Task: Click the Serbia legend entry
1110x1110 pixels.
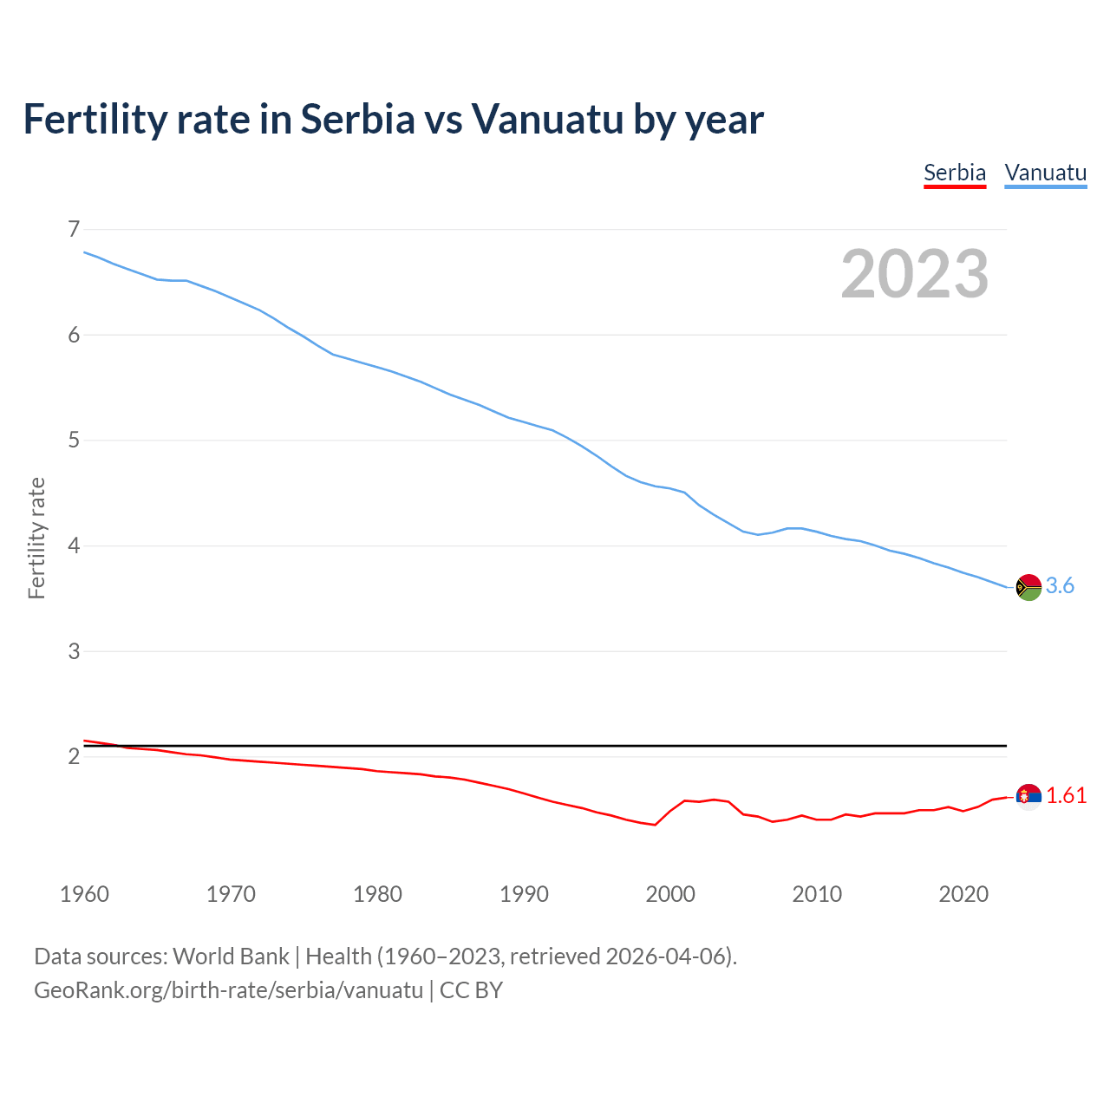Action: pyautogui.click(x=955, y=173)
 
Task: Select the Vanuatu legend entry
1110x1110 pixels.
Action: pyautogui.click(x=1045, y=173)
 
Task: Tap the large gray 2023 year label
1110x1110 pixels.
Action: pyautogui.click(x=914, y=274)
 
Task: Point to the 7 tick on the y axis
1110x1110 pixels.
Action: pyautogui.click(x=74, y=229)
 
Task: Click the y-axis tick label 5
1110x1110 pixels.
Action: pyautogui.click(x=74, y=441)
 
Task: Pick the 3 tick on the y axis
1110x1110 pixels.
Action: pyautogui.click(x=74, y=651)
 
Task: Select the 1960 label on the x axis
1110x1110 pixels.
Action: pyautogui.click(x=84, y=894)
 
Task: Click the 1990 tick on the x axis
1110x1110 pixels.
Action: pyautogui.click(x=524, y=894)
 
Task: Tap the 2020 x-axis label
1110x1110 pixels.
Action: pyautogui.click(x=963, y=894)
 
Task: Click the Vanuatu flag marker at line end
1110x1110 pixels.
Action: pyautogui.click(x=1028, y=587)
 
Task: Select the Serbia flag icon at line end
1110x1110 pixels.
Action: pyautogui.click(x=1028, y=796)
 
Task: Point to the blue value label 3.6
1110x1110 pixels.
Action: pyautogui.click(x=1060, y=586)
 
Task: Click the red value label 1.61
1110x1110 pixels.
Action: pyautogui.click(x=1066, y=796)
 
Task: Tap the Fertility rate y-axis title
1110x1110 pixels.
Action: pyautogui.click(x=36, y=538)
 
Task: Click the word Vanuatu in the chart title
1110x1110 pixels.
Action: pyautogui.click(x=547, y=120)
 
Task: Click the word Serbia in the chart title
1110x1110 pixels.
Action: pyautogui.click(x=358, y=120)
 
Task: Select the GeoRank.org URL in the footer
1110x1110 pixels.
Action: pyautogui.click(x=228, y=990)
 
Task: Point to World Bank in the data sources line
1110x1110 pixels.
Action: pyautogui.click(x=231, y=957)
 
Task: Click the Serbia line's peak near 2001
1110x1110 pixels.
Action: pyautogui.click(x=685, y=800)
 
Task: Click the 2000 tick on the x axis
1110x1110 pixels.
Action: pyautogui.click(x=670, y=894)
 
